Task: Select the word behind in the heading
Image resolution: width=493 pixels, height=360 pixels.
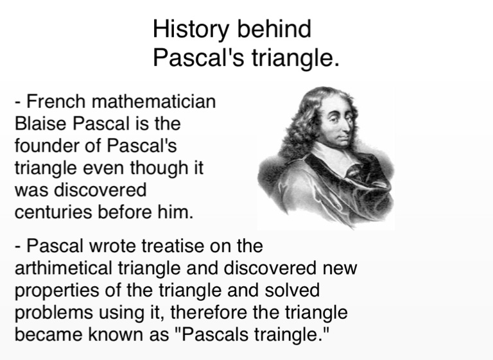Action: coord(274,29)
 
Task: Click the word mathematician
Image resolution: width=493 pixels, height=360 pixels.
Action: coord(154,101)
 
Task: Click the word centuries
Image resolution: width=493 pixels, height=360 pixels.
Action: coord(53,212)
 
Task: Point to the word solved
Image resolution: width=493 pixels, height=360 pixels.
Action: coord(292,289)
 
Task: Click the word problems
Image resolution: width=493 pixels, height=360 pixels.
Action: coord(54,313)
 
